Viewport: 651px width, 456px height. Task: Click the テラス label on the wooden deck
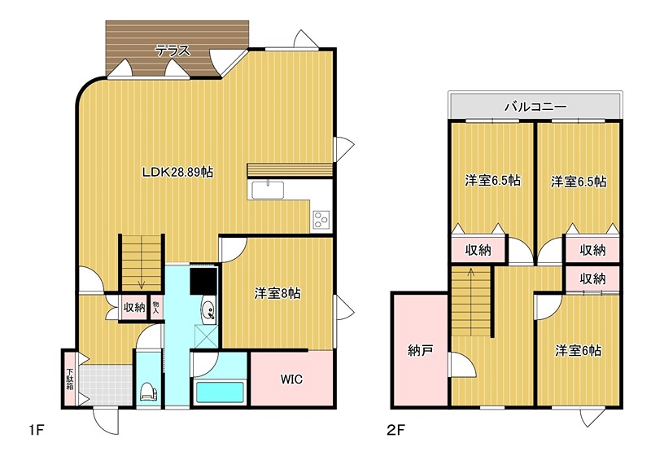pyautogui.click(x=173, y=50)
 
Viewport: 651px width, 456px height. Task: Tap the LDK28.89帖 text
pyautogui.click(x=177, y=172)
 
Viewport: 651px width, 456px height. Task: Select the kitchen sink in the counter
pyautogui.click(x=269, y=191)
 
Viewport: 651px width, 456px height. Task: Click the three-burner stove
pyautogui.click(x=321, y=219)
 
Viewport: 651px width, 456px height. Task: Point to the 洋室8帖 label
pyautogui.click(x=277, y=293)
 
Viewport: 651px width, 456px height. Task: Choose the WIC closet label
pyautogui.click(x=291, y=379)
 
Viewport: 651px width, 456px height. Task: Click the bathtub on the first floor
pyautogui.click(x=220, y=392)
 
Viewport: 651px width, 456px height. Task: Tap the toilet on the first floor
pyautogui.click(x=149, y=391)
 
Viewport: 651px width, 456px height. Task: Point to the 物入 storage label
pyautogui.click(x=156, y=307)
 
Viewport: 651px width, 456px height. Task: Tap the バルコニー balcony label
pyautogui.click(x=535, y=107)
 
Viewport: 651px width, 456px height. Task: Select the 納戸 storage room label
pyautogui.click(x=420, y=350)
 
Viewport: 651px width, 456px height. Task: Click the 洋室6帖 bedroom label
pyautogui.click(x=578, y=350)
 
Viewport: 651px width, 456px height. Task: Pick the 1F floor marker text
pyautogui.click(x=37, y=429)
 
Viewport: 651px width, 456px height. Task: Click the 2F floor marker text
pyautogui.click(x=395, y=429)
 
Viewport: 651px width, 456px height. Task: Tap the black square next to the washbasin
pyautogui.click(x=204, y=281)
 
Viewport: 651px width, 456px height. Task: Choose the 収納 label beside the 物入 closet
pyautogui.click(x=134, y=307)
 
